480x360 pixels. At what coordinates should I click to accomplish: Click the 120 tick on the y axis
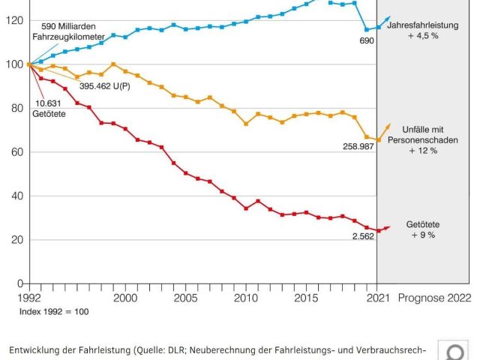coord(14,20)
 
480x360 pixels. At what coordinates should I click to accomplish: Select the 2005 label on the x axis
coord(186,298)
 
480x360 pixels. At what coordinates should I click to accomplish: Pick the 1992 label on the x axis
coord(28,298)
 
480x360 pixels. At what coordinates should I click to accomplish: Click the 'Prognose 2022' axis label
coord(435,298)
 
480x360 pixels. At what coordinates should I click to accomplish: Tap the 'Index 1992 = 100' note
coord(54,310)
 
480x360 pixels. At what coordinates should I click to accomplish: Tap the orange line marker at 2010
coord(246,124)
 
